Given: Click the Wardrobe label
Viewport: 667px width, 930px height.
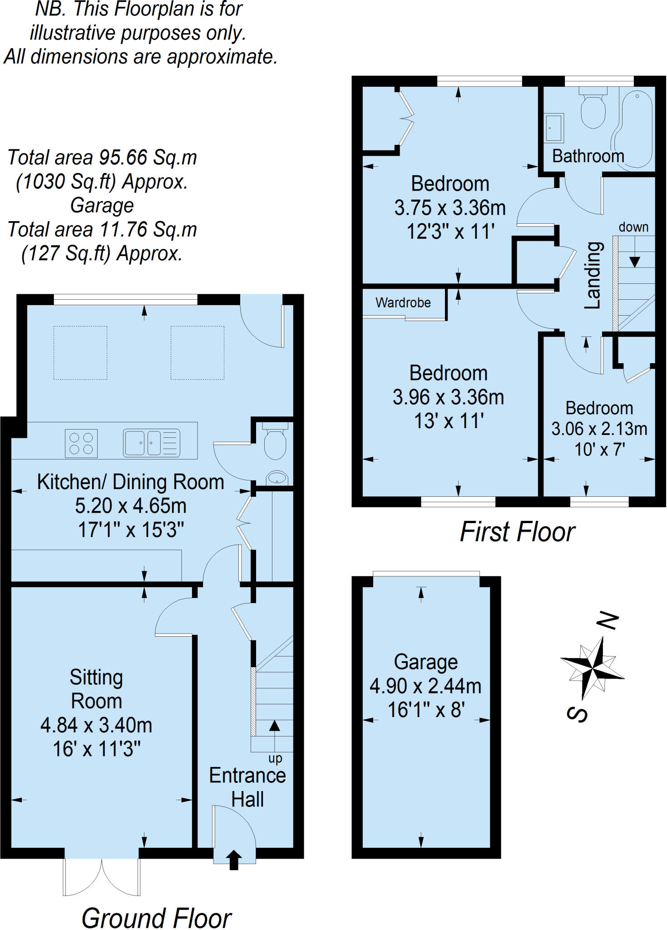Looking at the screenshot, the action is [403, 302].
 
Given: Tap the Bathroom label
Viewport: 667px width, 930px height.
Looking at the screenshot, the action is [588, 156].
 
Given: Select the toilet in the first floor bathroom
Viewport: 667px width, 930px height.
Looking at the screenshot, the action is [593, 108].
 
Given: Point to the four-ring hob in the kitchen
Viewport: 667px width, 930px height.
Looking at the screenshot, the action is [81, 443].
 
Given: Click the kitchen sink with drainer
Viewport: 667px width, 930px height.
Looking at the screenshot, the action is [152, 443].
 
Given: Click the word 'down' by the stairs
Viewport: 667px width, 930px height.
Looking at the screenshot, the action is [633, 227].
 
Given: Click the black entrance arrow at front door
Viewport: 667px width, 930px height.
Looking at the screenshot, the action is [234, 860].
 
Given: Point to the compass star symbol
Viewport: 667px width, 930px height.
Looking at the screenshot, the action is [592, 668].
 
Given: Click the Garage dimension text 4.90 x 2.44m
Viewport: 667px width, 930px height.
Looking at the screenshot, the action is [425, 686].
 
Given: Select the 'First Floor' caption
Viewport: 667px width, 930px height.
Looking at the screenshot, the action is [518, 532].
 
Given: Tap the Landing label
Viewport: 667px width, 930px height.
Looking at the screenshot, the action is [593, 275].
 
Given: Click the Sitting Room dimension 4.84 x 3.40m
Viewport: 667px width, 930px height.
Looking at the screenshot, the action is [96, 725].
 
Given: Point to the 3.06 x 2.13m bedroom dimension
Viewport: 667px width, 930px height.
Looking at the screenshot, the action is [599, 429].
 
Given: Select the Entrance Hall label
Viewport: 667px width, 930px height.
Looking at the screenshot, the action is [247, 787].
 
